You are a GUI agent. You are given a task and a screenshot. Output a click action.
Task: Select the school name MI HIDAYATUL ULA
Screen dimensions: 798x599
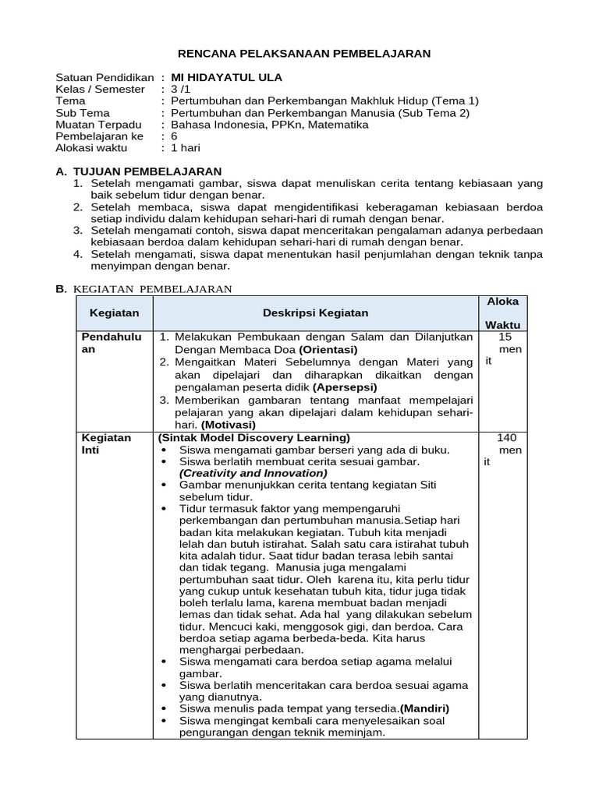click(226, 77)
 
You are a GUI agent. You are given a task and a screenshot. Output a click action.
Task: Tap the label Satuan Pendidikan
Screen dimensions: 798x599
click(105, 77)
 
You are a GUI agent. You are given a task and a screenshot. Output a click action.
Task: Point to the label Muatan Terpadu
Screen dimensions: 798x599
click(98, 124)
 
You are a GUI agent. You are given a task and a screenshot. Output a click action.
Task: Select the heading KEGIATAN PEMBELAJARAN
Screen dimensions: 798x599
click(153, 288)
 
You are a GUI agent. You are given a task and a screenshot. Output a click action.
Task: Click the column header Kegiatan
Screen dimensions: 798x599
click(114, 312)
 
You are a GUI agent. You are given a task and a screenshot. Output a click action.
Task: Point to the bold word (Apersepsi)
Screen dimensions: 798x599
click(345, 387)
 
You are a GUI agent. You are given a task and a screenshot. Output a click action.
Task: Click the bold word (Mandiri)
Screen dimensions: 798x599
click(424, 708)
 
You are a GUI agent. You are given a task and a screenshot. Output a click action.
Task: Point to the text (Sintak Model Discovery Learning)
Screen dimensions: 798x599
click(254, 437)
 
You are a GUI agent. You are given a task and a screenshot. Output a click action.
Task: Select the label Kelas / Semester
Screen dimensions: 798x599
click(101, 89)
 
